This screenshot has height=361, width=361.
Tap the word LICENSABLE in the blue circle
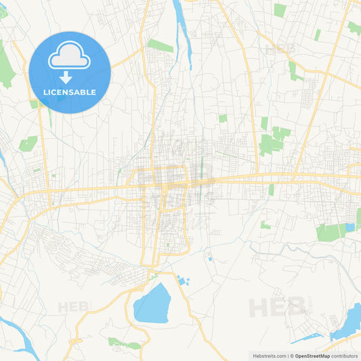(x=70, y=92)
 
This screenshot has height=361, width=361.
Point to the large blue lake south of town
(x=152, y=304)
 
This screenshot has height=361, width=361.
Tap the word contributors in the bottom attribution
(x=344, y=356)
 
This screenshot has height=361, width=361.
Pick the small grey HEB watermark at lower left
(x=73, y=307)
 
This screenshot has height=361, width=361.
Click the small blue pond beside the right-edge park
(x=349, y=228)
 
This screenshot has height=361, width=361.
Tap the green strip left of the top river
(x=161, y=45)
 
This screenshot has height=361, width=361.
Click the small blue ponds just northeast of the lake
(x=182, y=280)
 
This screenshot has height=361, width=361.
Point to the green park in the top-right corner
(x=354, y=28)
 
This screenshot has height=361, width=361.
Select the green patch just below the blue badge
(x=34, y=104)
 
